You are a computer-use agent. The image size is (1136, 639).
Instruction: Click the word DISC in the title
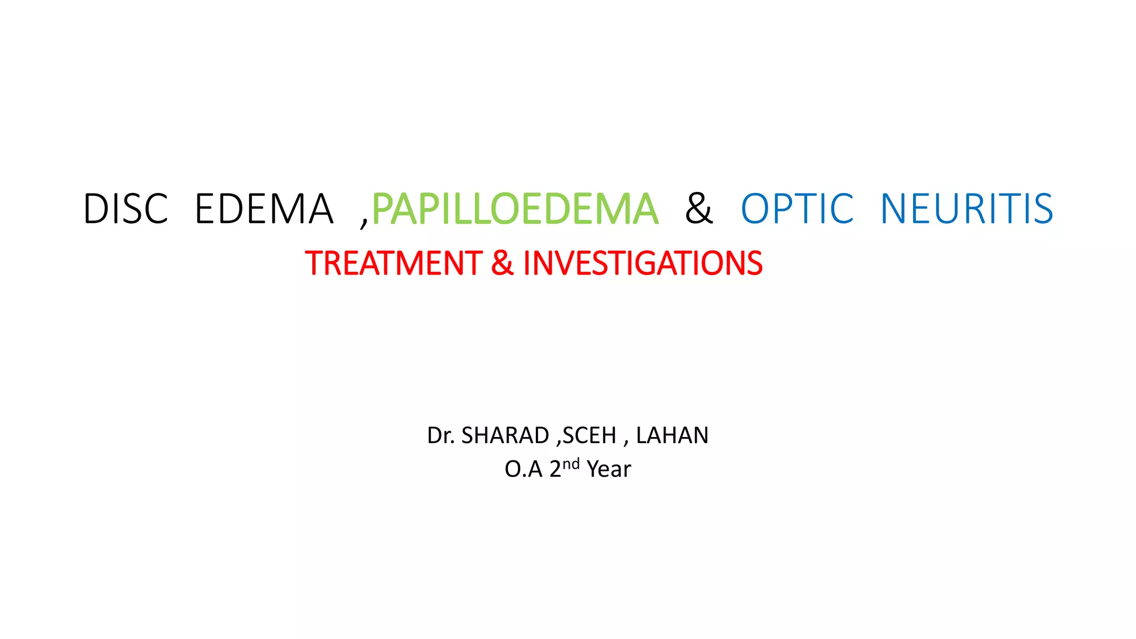coord(125,209)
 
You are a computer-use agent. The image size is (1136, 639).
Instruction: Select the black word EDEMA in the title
coord(264,209)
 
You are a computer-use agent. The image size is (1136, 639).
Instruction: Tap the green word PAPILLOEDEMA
coord(515,209)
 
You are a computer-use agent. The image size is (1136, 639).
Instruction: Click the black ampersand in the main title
coord(698,209)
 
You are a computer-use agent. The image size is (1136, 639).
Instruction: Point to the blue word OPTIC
coord(797,209)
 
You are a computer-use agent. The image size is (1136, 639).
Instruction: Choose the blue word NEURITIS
coord(967,209)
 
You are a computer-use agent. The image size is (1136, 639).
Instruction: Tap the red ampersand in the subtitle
coord(502,263)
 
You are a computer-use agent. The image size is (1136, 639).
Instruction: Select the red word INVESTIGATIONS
coord(642,263)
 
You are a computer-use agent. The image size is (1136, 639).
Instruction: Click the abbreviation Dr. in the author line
coord(440,435)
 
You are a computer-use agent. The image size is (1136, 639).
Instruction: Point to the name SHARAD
coord(505,435)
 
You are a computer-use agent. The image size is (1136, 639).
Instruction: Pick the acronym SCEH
coord(589,435)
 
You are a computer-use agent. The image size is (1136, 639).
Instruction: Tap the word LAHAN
coord(672,435)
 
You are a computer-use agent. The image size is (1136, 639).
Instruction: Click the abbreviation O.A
coord(523,469)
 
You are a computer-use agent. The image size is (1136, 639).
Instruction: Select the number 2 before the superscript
coord(555,469)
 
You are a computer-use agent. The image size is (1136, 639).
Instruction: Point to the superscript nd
coord(571,464)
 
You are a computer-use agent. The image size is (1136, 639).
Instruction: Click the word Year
coord(608,469)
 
